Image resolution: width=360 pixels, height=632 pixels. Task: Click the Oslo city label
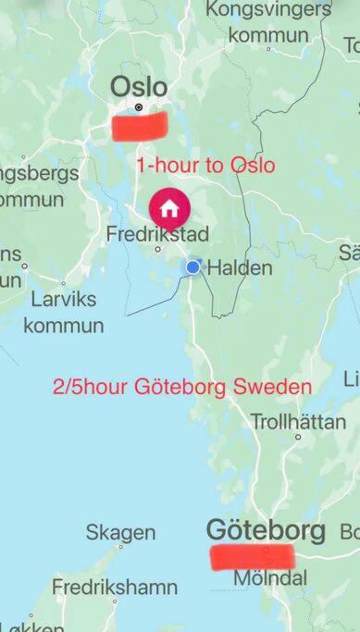click(139, 87)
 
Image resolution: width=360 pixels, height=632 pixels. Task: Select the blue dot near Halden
click(192, 266)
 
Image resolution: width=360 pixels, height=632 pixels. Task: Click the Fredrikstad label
click(157, 233)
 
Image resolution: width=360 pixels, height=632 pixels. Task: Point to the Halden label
click(240, 268)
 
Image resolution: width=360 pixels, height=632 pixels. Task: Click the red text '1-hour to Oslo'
click(205, 166)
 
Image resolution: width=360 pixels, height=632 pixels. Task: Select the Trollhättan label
click(299, 421)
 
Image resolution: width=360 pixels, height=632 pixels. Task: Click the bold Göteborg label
click(266, 530)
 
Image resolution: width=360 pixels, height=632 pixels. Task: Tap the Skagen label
click(120, 533)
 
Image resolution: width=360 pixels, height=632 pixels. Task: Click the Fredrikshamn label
click(115, 587)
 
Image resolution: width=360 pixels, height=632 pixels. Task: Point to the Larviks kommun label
click(64, 313)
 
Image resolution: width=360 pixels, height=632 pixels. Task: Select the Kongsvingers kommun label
click(267, 22)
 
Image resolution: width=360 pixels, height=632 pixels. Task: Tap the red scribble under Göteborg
click(252, 556)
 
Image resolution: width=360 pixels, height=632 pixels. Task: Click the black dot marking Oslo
click(139, 107)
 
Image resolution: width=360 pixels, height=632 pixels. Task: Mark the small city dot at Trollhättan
click(298, 436)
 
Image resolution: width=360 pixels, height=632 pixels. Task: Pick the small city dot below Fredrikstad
click(158, 249)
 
